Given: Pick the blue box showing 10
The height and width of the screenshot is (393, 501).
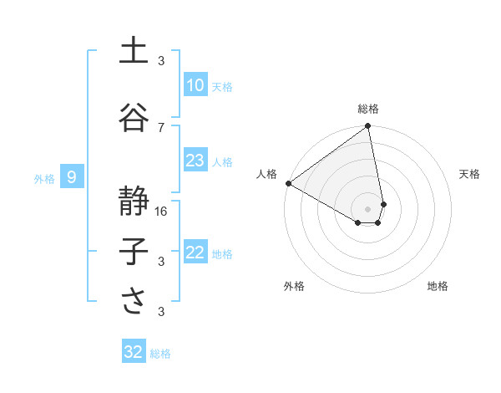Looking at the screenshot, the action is tap(195, 85).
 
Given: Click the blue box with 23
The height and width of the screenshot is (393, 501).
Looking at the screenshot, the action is tap(195, 161).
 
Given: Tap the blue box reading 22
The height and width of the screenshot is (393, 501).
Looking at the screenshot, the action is tap(195, 253).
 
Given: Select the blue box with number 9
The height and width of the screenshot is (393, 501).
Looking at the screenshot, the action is tap(73, 177).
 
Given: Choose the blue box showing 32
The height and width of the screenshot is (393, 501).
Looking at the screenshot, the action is tap(134, 352).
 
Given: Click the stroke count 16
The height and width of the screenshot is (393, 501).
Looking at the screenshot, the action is tap(162, 211).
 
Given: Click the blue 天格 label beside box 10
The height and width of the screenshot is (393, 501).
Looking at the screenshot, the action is tap(221, 86).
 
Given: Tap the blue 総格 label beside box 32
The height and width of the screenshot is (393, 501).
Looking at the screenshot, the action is tap(160, 354).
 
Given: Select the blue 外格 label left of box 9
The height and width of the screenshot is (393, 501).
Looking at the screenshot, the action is tap(43, 178).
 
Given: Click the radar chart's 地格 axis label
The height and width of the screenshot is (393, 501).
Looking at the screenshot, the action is tap(438, 286).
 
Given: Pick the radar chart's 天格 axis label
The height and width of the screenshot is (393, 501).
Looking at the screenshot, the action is tap(469, 174).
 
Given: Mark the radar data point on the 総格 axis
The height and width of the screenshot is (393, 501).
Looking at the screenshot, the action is tap(367, 127).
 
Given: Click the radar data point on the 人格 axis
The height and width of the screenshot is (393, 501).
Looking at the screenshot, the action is tap(288, 183).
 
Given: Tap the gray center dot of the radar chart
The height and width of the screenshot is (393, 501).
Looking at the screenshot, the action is tap(367, 207).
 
